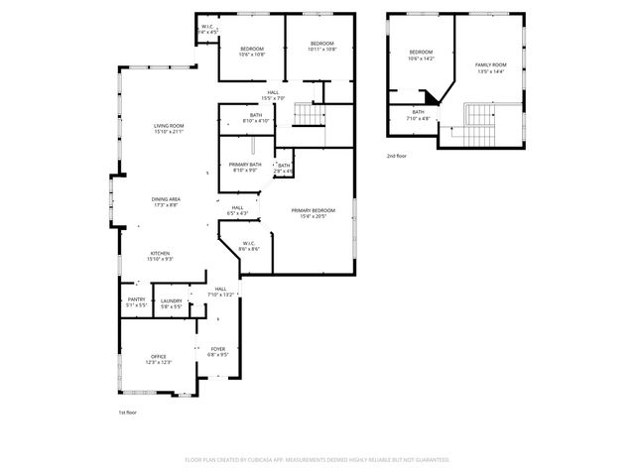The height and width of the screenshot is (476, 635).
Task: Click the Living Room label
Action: (x=169, y=126)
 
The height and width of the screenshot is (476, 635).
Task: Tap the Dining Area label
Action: (x=166, y=199)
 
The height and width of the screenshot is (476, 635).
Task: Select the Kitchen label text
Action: (x=161, y=253)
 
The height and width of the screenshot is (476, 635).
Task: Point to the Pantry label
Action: (x=136, y=299)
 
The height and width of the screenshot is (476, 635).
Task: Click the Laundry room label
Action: (x=171, y=299)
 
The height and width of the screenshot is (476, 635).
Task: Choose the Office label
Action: (x=159, y=356)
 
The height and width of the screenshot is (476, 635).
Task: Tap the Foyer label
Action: (x=217, y=348)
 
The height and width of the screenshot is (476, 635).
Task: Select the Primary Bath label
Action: (x=245, y=165)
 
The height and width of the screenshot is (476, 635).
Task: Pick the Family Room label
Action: (x=490, y=64)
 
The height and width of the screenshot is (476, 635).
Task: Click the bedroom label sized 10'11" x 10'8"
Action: (x=321, y=44)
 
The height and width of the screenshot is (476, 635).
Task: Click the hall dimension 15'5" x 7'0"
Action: (x=272, y=98)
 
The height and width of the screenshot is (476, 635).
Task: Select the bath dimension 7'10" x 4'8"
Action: (x=418, y=118)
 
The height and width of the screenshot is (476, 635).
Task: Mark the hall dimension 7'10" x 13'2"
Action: (x=220, y=295)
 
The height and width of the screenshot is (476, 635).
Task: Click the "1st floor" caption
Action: (x=126, y=411)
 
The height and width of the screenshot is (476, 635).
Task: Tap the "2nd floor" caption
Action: (x=396, y=156)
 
